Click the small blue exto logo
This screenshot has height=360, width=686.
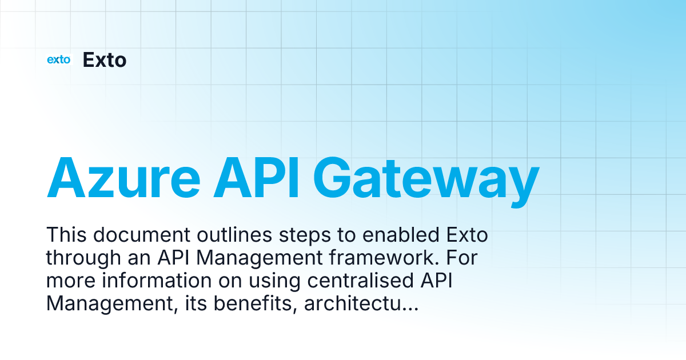pos(58,59)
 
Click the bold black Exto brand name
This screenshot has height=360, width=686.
pos(105,59)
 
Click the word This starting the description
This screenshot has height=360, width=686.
pos(66,235)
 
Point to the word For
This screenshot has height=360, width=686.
pos(458,258)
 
